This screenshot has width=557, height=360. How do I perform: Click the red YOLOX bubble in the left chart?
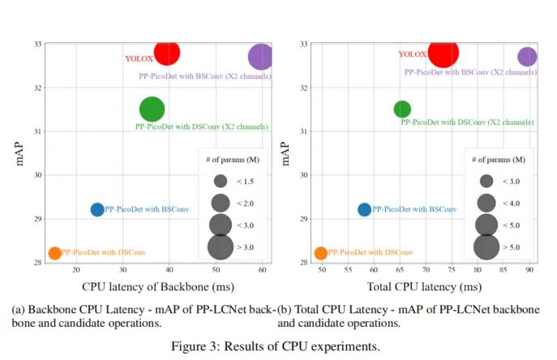click(x=166, y=54)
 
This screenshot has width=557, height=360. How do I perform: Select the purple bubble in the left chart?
click(x=261, y=57)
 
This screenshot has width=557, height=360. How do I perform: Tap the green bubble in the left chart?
click(x=152, y=109)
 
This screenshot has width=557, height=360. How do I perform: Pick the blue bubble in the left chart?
click(x=97, y=209)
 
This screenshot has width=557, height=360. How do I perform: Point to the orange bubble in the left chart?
click(x=54, y=253)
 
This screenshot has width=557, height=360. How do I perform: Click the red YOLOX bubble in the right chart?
click(x=443, y=54)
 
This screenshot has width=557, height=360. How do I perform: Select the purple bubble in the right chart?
click(x=527, y=57)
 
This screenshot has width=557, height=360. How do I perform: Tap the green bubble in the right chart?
click(x=402, y=109)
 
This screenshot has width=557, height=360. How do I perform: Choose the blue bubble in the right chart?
click(x=364, y=209)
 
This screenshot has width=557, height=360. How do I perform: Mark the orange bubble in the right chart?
click(x=321, y=253)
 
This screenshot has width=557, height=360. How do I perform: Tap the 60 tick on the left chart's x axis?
click(x=263, y=270)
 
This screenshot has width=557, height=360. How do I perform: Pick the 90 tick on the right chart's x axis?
click(x=529, y=270)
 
